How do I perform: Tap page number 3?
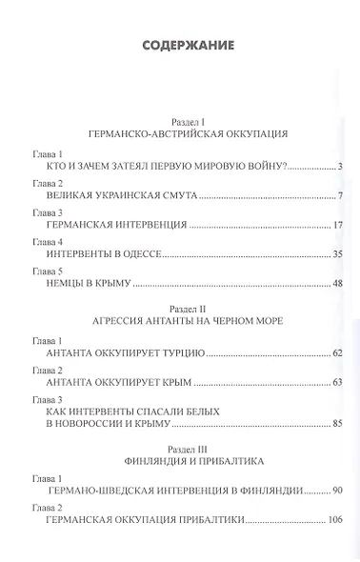coord(341,168)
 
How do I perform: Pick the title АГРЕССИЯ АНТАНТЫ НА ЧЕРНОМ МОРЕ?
coord(180,325)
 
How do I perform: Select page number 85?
coord(337,422)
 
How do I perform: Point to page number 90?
coord(337,492)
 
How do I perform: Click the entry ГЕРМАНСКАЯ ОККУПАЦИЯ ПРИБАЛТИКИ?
coord(149,520)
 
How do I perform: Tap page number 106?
coord(334,520)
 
